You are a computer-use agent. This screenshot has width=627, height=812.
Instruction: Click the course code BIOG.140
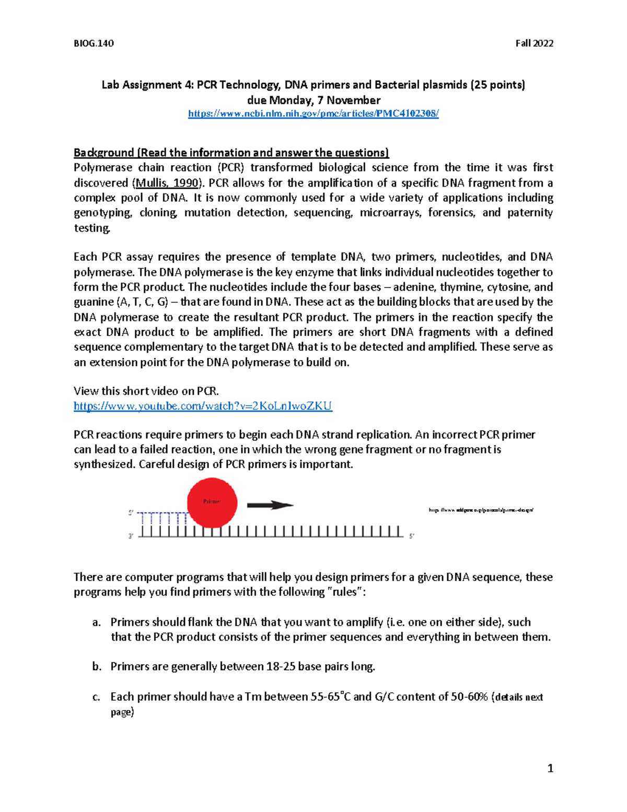94,43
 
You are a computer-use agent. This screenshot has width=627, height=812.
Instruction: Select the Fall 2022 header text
534,43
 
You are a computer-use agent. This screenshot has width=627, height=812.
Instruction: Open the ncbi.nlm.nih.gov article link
313,113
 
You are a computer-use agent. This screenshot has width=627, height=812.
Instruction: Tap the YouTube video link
203,406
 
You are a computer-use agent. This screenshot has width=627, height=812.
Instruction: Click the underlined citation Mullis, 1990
167,183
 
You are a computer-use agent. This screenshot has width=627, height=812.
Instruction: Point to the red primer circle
212,502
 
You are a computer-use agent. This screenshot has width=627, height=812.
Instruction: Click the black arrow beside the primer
270,505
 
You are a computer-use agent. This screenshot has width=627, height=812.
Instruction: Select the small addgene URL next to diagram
481,510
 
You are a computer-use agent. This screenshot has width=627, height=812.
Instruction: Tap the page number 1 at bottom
550,768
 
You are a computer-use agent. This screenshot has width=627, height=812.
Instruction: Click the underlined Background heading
231,153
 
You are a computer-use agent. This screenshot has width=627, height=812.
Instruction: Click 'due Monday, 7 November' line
313,100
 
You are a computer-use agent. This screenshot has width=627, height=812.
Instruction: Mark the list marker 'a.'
96,622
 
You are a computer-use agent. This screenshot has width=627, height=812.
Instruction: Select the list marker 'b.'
96,667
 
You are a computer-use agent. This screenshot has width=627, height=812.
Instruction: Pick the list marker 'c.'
96,697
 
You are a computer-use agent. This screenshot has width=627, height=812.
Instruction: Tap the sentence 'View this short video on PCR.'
146,391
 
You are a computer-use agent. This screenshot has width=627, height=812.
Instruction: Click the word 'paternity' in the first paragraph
530,213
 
